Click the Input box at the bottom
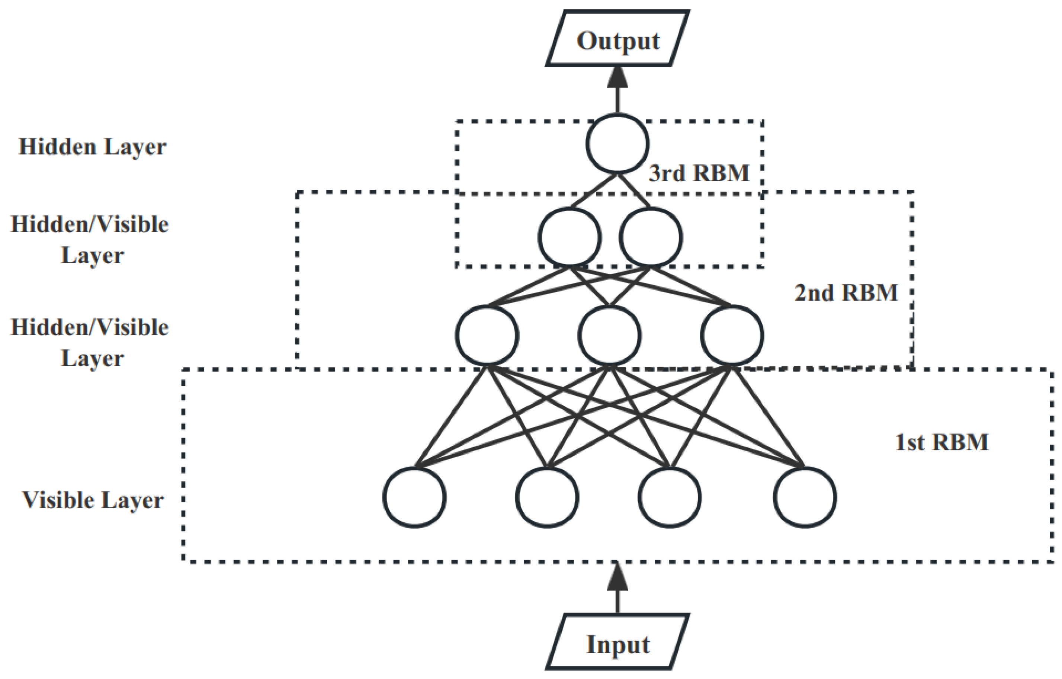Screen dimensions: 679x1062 [617, 644]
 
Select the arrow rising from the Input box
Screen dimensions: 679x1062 [617, 587]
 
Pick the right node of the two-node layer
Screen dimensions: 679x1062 [651, 237]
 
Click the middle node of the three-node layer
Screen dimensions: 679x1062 [610, 335]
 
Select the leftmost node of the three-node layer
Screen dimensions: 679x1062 [487, 335]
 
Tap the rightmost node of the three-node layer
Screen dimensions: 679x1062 [732, 335]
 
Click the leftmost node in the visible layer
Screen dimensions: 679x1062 [414, 497]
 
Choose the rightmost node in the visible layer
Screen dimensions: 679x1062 [805, 497]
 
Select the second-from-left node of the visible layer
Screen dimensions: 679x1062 [547, 497]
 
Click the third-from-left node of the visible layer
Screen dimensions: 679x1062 [670, 497]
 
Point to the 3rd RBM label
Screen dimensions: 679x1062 [699, 173]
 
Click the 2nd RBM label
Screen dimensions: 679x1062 [846, 292]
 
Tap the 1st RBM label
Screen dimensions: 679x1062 [941, 442]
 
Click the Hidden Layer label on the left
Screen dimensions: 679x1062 [93, 147]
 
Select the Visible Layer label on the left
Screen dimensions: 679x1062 [93, 500]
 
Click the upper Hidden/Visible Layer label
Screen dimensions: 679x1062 [90, 240]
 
